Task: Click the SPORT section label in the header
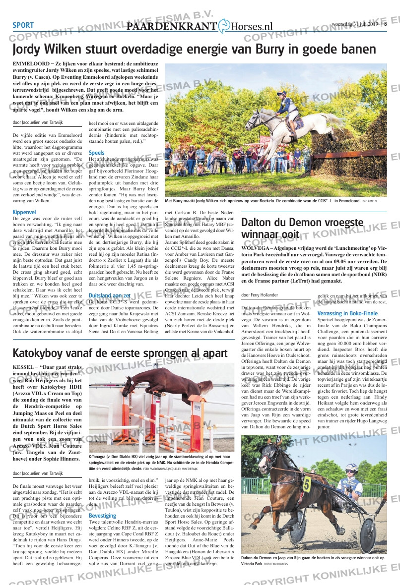tap(23, 26)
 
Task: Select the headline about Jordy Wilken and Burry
tap(194, 50)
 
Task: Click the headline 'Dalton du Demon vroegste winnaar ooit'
tap(302, 228)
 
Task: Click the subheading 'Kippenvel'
tap(24, 212)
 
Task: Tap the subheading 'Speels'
tap(96, 153)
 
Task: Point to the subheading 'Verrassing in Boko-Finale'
tap(347, 313)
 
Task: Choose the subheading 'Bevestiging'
tap(102, 516)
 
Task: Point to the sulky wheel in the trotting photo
tap(368, 531)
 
